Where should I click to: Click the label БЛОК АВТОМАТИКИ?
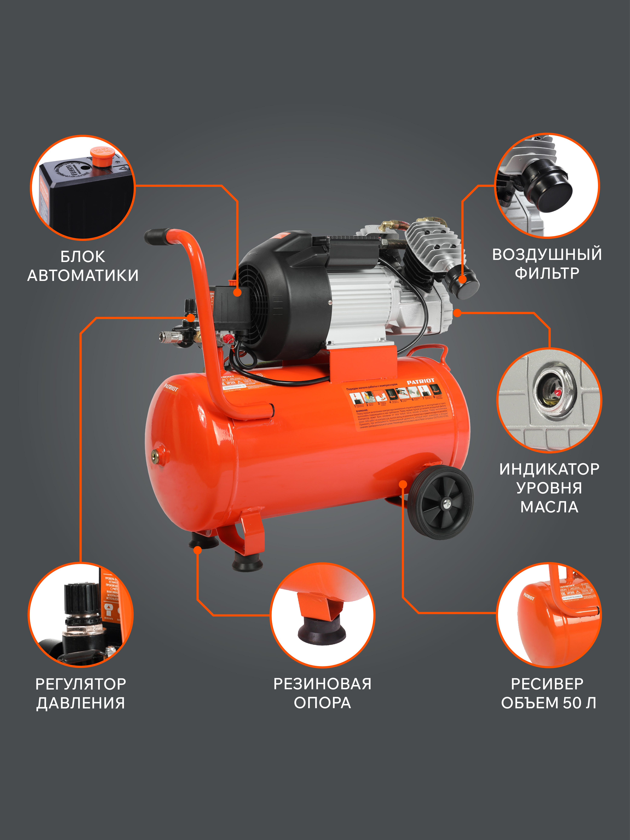click(83, 266)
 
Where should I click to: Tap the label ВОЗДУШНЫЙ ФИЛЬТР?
click(547, 264)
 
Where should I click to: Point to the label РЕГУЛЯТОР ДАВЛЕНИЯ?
click(80, 693)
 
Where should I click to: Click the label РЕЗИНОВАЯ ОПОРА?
click(322, 693)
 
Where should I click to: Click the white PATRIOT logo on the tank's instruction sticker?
click(421, 381)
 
